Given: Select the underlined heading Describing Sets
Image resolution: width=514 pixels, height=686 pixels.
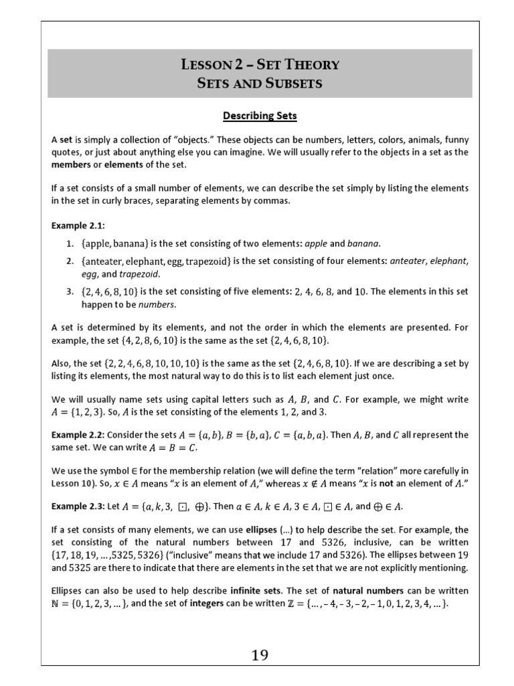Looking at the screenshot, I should [259, 116].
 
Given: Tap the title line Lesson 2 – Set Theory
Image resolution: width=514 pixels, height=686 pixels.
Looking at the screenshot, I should [260, 65].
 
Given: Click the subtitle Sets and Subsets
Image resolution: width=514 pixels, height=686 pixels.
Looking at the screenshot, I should [260, 83].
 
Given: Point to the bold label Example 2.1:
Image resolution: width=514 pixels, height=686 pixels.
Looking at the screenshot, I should [74, 226].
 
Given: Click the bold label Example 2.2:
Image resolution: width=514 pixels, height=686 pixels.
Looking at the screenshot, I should [74, 435].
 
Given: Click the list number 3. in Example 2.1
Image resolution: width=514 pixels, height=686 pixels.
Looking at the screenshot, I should [69, 291].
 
